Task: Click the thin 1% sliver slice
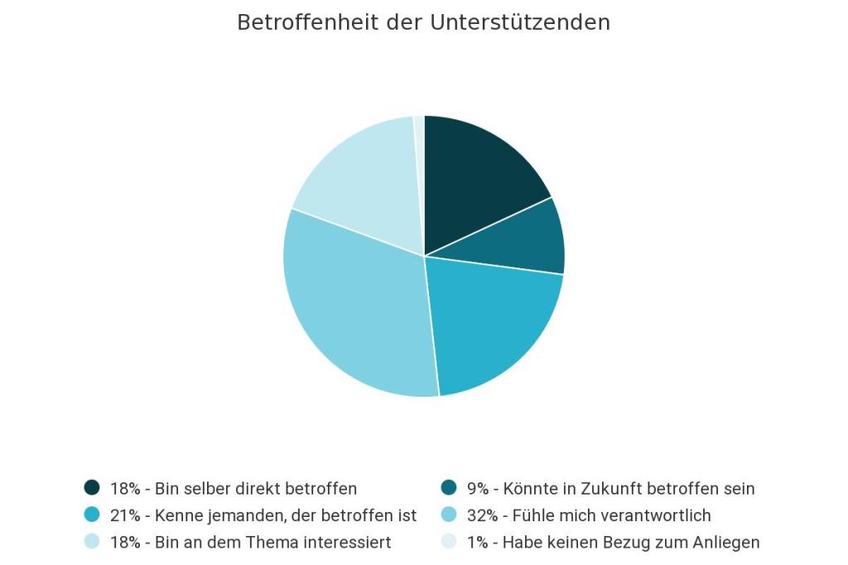tap(420, 141)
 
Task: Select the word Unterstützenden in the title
tap(520, 22)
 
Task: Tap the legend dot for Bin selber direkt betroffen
tap(92, 488)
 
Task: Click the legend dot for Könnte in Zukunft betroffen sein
tap(449, 488)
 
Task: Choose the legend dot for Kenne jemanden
tap(92, 515)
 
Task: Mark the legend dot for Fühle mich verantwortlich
tap(449, 515)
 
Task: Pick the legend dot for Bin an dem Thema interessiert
tap(92, 543)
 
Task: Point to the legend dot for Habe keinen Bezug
tap(449, 543)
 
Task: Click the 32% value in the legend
tap(482, 515)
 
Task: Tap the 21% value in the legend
tap(125, 515)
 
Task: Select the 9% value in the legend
tap(478, 488)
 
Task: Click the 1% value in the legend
tap(478, 543)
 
